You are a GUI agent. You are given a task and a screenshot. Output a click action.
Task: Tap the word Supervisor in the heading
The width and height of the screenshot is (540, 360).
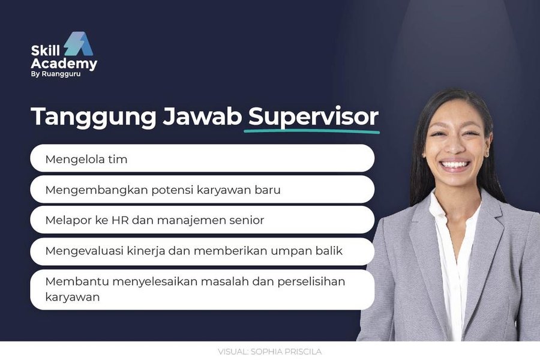(314, 116)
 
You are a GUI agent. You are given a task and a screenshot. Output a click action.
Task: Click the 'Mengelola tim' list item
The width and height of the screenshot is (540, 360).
(86, 160)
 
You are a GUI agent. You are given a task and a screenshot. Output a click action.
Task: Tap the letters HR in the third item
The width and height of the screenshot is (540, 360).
(118, 220)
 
